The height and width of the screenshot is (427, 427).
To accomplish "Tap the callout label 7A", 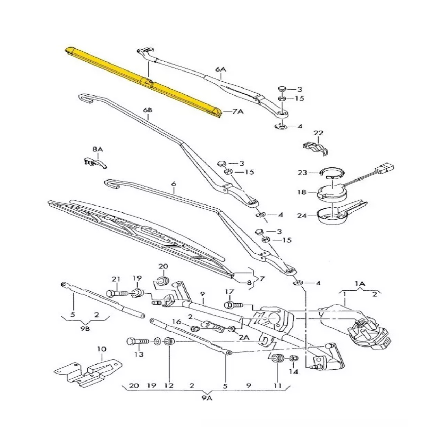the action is [x=238, y=111].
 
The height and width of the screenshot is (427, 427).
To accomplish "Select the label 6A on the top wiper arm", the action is [x=220, y=69].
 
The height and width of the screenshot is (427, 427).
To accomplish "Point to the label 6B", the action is [x=148, y=110].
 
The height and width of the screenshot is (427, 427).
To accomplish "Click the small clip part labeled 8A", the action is [x=95, y=163].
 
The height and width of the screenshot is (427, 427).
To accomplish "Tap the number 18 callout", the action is [x=301, y=192].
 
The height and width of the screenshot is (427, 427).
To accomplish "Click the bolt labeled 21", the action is [x=117, y=294].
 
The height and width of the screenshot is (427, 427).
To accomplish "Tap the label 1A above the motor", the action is [x=360, y=283].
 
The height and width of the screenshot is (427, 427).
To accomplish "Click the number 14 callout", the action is [x=294, y=371].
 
